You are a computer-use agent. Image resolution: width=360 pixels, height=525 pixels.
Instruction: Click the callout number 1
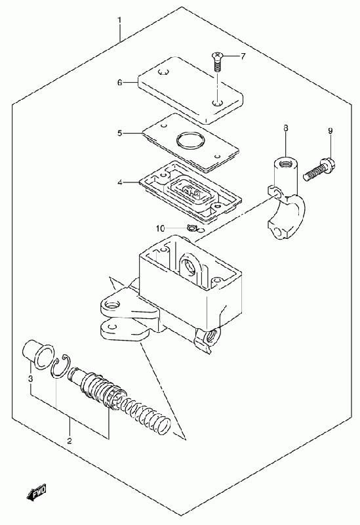tap(119, 21)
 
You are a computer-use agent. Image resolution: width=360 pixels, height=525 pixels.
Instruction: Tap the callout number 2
tap(70, 440)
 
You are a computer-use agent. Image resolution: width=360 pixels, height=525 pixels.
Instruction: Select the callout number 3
tap(30, 379)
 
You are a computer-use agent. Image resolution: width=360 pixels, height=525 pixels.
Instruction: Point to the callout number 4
tap(119, 182)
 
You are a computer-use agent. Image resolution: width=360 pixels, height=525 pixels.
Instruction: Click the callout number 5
tap(119, 133)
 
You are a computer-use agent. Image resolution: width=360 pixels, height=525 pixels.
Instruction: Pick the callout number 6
tap(119, 83)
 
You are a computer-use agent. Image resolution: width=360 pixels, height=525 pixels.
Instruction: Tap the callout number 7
tap(243, 56)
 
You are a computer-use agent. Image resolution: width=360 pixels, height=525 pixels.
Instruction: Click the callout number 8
tap(285, 128)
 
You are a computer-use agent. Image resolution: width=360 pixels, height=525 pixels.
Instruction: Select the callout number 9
tap(330, 131)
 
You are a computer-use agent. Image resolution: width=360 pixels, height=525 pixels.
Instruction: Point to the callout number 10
tap(160, 228)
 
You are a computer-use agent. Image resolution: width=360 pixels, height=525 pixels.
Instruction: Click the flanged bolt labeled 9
tap(319, 170)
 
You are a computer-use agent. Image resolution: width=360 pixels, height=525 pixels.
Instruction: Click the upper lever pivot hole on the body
tap(112, 305)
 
